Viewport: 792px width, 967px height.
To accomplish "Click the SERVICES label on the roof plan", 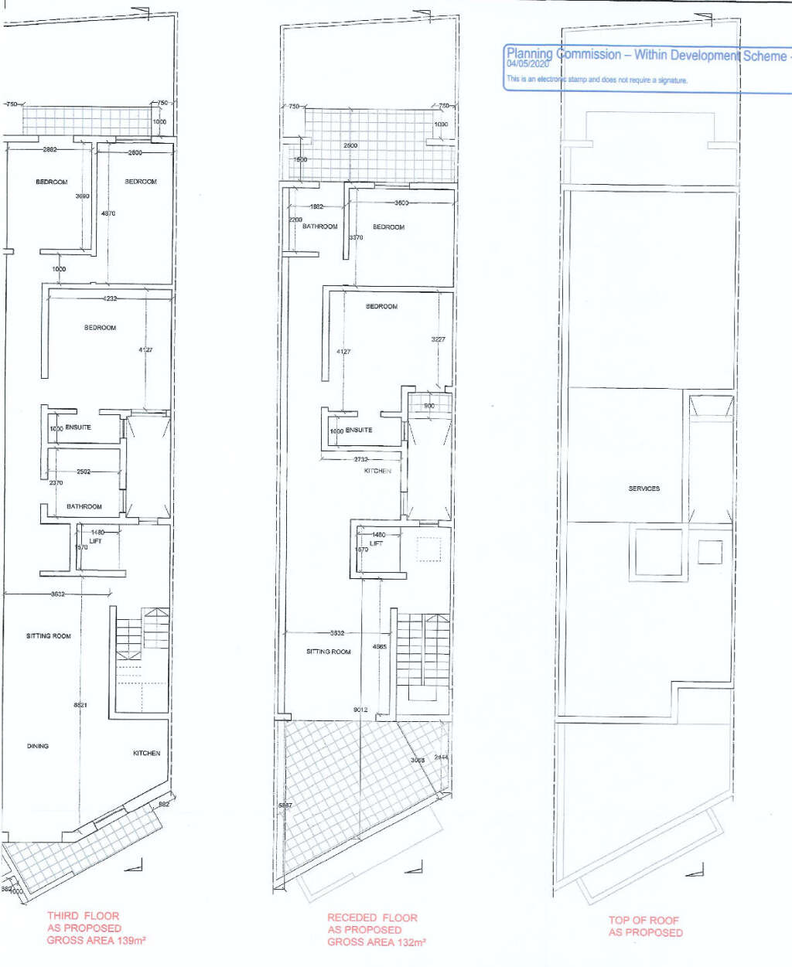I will coord(643,489).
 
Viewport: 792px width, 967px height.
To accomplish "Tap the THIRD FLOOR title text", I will coord(84,916).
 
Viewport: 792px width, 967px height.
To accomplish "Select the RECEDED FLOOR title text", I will coord(372,918).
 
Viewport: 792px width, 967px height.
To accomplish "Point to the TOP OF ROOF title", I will coord(643,920).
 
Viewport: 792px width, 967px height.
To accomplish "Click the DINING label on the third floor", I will coord(38,746).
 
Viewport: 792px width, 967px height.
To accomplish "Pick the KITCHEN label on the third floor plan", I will coord(146,753).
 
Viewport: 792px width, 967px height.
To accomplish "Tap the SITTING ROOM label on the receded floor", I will coord(328,652).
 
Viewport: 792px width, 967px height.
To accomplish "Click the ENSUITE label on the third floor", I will coord(78,427).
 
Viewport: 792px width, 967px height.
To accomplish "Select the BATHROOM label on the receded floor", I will coord(320,226).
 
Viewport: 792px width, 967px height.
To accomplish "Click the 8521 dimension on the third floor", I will coord(80,705).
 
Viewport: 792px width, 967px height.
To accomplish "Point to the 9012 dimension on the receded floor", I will coord(360,710).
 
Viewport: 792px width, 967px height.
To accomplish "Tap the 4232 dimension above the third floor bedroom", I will coord(110,298).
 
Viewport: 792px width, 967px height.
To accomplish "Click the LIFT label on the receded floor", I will coord(376,543).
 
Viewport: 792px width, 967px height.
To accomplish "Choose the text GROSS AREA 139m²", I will coord(97,941).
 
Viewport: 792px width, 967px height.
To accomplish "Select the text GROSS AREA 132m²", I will coord(377,942).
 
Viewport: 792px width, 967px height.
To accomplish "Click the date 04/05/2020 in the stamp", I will coord(527,64).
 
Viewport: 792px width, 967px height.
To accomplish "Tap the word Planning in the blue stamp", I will coord(529,54).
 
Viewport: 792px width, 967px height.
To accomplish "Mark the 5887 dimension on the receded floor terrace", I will coord(285,805).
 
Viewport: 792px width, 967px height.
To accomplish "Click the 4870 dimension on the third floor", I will coord(108,213).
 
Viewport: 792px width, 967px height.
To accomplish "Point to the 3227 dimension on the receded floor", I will coord(439,339).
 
